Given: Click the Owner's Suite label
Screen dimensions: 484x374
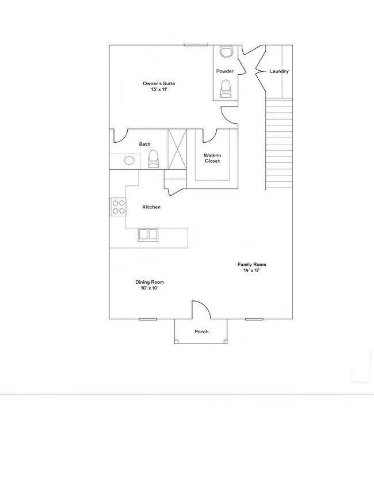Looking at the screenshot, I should click(159, 83).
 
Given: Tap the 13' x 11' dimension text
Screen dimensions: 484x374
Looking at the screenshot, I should click(159, 90).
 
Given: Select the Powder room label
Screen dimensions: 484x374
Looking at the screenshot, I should click(224, 71).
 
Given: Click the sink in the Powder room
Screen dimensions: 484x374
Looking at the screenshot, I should click(226, 52).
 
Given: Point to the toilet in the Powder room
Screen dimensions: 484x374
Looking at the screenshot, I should click(225, 88).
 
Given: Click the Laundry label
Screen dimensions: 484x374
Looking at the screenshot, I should click(279, 71).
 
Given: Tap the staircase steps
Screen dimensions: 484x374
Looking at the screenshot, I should click(278, 144).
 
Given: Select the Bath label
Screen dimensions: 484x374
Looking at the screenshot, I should click(144, 144).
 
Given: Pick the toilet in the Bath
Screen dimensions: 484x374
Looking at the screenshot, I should click(153, 158).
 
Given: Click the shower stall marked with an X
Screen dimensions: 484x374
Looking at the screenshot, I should click(177, 149).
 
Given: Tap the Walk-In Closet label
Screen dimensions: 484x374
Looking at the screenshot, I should click(213, 158).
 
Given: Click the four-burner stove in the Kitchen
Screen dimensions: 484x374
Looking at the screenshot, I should click(119, 207).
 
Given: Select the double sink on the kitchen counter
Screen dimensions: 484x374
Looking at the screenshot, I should click(148, 234).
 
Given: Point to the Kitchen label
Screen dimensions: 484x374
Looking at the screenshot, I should click(151, 207).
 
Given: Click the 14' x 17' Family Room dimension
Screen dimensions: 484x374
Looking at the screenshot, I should click(252, 270).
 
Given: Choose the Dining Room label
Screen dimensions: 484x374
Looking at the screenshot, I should click(150, 282).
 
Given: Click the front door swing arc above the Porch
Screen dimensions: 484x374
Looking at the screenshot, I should click(199, 309).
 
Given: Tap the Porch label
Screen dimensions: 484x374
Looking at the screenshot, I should click(201, 331).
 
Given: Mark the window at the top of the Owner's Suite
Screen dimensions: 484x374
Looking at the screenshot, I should click(196, 44).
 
